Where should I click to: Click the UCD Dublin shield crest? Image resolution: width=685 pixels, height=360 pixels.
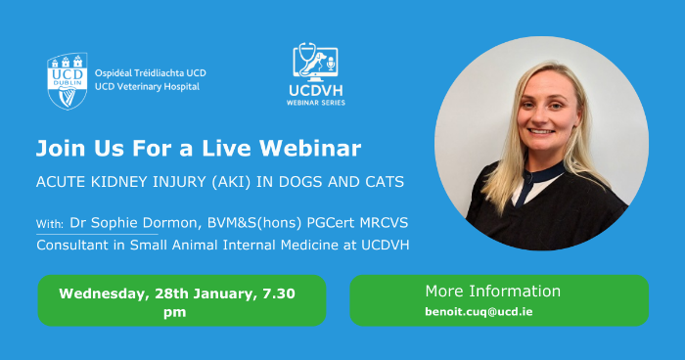[68, 80]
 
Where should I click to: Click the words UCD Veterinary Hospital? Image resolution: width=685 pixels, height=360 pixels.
[147, 87]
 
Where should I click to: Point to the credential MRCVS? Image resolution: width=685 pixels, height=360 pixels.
[372, 224]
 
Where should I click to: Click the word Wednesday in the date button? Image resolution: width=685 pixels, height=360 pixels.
[106, 293]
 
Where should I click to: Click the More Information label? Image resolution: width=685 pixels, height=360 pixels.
[492, 292]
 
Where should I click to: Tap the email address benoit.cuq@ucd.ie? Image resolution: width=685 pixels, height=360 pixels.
[479, 312]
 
